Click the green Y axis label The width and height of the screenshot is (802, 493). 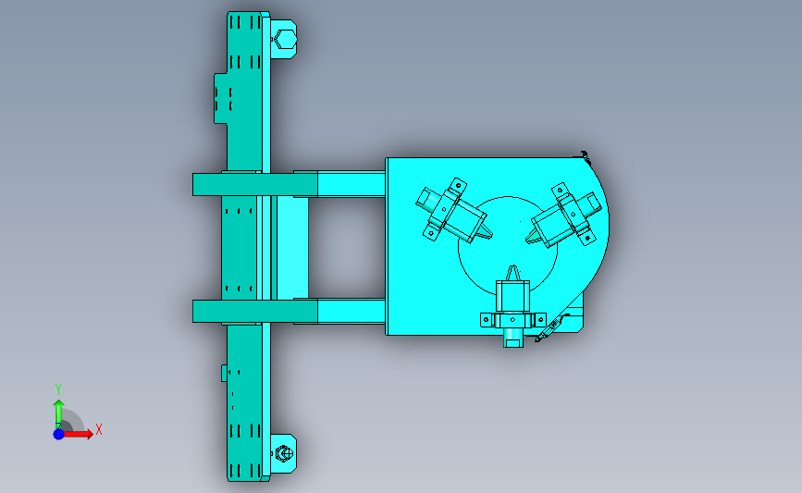click(57, 389)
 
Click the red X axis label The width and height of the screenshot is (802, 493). click(99, 429)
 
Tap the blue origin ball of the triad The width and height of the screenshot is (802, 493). click(59, 434)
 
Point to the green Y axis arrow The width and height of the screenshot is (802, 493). click(59, 414)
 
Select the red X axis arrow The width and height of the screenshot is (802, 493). click(78, 434)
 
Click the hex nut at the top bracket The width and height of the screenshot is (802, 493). click(284, 39)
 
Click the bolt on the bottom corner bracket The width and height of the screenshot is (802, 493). click(284, 453)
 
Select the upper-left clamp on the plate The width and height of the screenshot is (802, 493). click(452, 212)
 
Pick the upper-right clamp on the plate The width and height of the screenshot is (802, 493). click(563, 216)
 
